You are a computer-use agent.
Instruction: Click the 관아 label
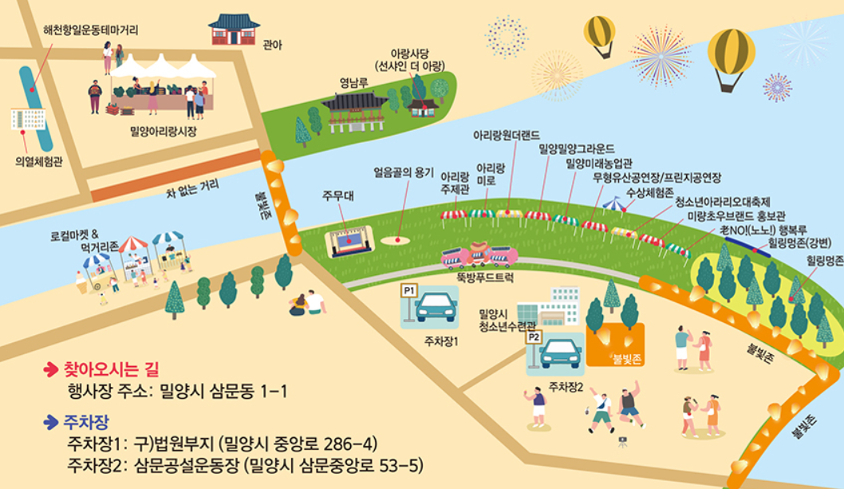tap(272, 45)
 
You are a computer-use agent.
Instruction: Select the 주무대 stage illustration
tap(349, 239)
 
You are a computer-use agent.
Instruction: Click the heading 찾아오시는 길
tap(111, 369)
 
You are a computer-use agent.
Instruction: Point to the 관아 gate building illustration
tap(234, 30)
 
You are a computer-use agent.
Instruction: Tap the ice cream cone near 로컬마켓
tap(81, 282)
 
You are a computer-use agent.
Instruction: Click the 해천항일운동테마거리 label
tap(90, 30)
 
